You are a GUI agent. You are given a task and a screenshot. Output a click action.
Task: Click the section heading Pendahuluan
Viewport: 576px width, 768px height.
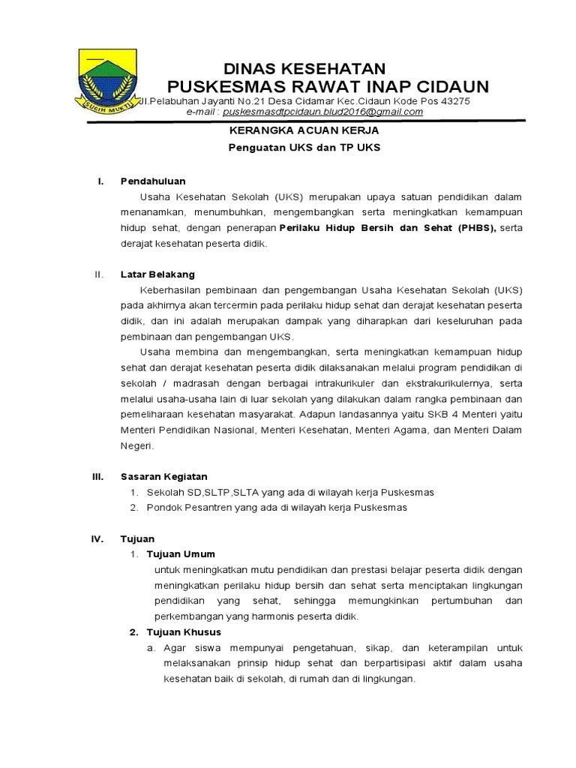[x=153, y=181]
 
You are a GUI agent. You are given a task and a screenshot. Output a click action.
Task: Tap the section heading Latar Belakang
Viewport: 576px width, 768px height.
[x=157, y=274]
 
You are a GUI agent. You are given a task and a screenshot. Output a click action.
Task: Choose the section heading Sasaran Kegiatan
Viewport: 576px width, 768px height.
[x=163, y=476]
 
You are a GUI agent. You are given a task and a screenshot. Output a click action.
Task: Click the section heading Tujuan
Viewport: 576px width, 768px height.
[x=137, y=538]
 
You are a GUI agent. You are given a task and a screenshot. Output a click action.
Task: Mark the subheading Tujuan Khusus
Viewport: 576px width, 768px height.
[x=183, y=632]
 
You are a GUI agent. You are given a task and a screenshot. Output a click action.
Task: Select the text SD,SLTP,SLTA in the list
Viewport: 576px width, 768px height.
[x=213, y=492]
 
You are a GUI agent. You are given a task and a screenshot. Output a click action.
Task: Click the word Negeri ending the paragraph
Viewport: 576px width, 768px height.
[x=136, y=445]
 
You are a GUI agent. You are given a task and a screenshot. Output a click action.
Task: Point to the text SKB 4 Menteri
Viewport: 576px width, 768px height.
[x=462, y=414]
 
